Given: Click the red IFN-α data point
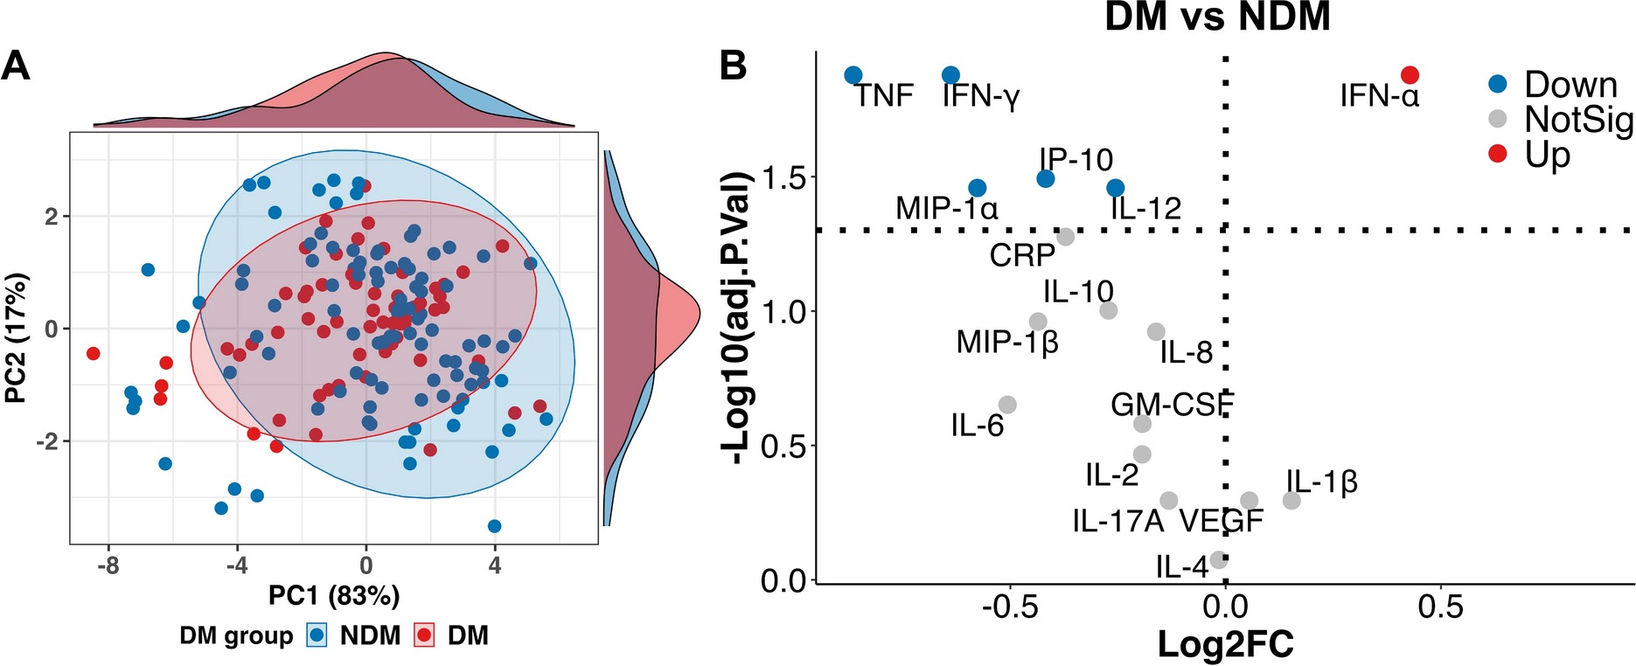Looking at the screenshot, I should click(x=1410, y=75).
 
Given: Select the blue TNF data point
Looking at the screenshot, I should click(x=853, y=75).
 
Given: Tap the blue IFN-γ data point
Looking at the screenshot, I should click(x=950, y=75).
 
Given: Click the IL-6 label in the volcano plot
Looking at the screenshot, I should click(x=977, y=426).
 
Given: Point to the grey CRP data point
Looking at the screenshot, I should click(x=1065, y=237).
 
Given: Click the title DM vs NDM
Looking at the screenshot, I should click(x=1217, y=17).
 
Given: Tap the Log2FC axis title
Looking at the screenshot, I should click(x=1225, y=644).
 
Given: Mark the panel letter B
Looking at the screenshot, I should click(x=733, y=66).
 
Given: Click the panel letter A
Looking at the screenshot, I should click(x=16, y=66).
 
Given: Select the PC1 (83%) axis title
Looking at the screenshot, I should click(x=333, y=595).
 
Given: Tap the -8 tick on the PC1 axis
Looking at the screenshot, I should click(x=108, y=565).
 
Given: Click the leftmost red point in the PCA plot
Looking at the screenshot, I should click(x=93, y=353).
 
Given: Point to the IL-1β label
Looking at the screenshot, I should click(x=1321, y=482).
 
